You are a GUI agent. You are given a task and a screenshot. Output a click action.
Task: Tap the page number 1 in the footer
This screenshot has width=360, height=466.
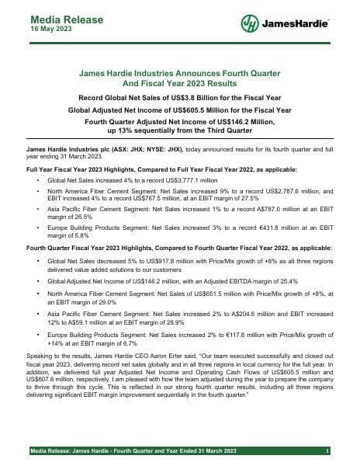329,451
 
